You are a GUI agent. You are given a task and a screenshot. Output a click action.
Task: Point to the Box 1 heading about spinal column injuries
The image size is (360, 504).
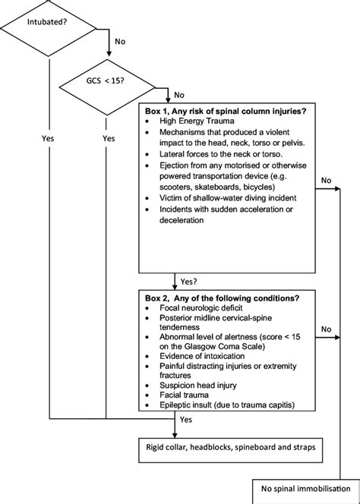pos(225,112)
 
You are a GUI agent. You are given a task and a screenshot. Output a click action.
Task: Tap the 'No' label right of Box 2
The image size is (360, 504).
pos(327,329)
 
